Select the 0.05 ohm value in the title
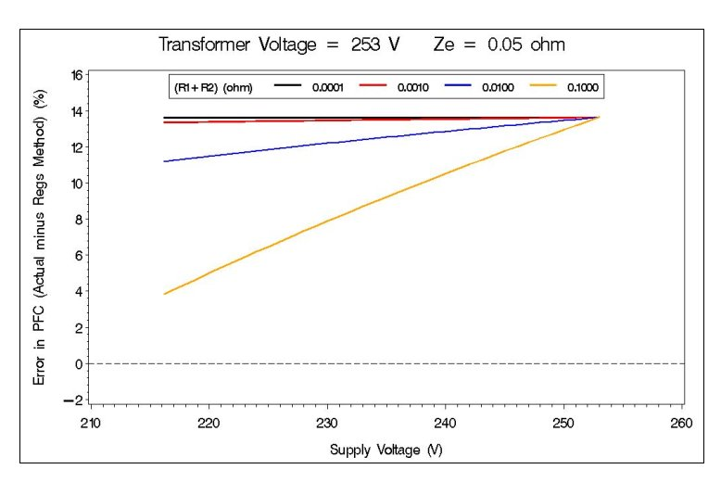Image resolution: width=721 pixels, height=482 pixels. (x=529, y=44)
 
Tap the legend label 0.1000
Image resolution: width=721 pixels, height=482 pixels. (x=583, y=87)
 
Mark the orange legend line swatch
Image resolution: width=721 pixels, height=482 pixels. (x=545, y=87)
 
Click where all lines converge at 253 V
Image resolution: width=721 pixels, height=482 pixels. (x=599, y=117)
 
